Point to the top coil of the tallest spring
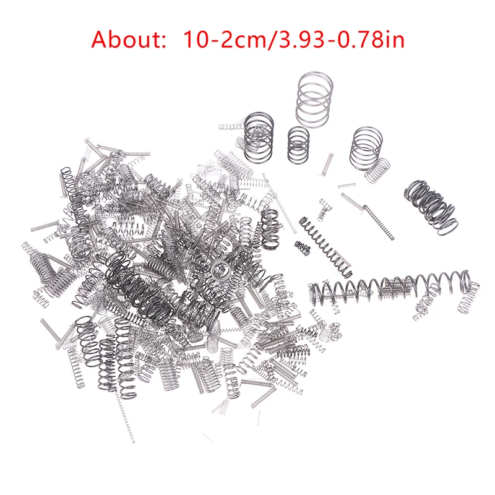(x=314, y=78)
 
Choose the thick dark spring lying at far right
(x=431, y=202)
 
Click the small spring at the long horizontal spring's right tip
(x=469, y=297)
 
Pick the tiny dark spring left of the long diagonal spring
(x=302, y=247)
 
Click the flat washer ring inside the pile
(x=218, y=269)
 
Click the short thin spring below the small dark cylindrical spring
(x=327, y=163)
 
